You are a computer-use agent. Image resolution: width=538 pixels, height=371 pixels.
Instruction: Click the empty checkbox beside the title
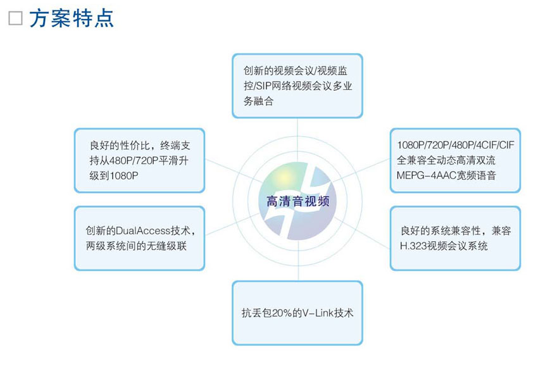pos(15,18)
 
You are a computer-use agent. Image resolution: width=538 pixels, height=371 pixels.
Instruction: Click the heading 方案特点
pos(72,18)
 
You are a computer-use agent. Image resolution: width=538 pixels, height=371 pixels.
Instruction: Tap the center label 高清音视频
pos(298,201)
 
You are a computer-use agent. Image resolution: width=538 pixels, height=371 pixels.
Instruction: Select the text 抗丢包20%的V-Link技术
pos(297,313)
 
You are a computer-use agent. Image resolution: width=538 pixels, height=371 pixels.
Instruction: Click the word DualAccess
pos(143,230)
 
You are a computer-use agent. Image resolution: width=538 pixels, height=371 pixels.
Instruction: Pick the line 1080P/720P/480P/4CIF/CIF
pos(456,145)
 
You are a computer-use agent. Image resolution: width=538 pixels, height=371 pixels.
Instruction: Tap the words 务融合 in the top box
pos(258,101)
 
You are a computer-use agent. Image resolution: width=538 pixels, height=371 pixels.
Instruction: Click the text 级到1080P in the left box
pos(114,176)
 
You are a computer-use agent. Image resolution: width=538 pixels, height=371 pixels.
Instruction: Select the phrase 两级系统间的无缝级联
pos(136,246)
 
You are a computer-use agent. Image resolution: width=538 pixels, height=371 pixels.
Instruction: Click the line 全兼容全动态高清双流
pos(446,160)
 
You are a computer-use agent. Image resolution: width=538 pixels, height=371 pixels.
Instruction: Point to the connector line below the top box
pos(297,140)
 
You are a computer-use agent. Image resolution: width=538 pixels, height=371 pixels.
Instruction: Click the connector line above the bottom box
pos(298,260)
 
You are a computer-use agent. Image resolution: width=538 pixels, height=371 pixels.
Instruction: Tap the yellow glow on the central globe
pos(284,177)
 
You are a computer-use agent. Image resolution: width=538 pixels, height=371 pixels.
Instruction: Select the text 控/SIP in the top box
pos(258,86)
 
